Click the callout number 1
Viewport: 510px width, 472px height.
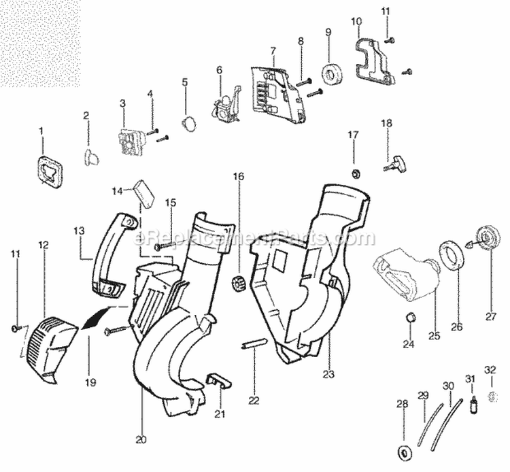pyautogui.click(x=40, y=129)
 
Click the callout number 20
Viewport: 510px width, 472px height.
pyautogui.click(x=141, y=440)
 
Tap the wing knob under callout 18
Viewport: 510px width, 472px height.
pyautogui.click(x=394, y=163)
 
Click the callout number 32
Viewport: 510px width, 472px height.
pyautogui.click(x=490, y=369)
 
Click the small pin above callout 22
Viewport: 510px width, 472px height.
pyautogui.click(x=250, y=348)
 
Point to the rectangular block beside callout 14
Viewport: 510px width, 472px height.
pyautogui.click(x=145, y=192)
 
